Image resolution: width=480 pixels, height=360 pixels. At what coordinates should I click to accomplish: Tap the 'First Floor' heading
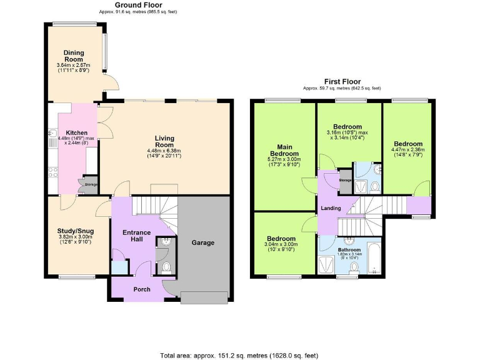[342, 82]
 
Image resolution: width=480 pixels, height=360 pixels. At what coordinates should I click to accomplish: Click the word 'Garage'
[203, 242]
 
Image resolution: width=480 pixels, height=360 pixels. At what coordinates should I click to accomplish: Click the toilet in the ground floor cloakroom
[166, 268]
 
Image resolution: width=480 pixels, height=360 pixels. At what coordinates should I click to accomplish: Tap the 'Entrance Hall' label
[136, 236]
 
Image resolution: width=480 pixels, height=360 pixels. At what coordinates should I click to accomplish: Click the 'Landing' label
[331, 208]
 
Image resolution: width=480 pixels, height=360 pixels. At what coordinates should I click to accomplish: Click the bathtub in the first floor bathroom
[374, 259]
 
